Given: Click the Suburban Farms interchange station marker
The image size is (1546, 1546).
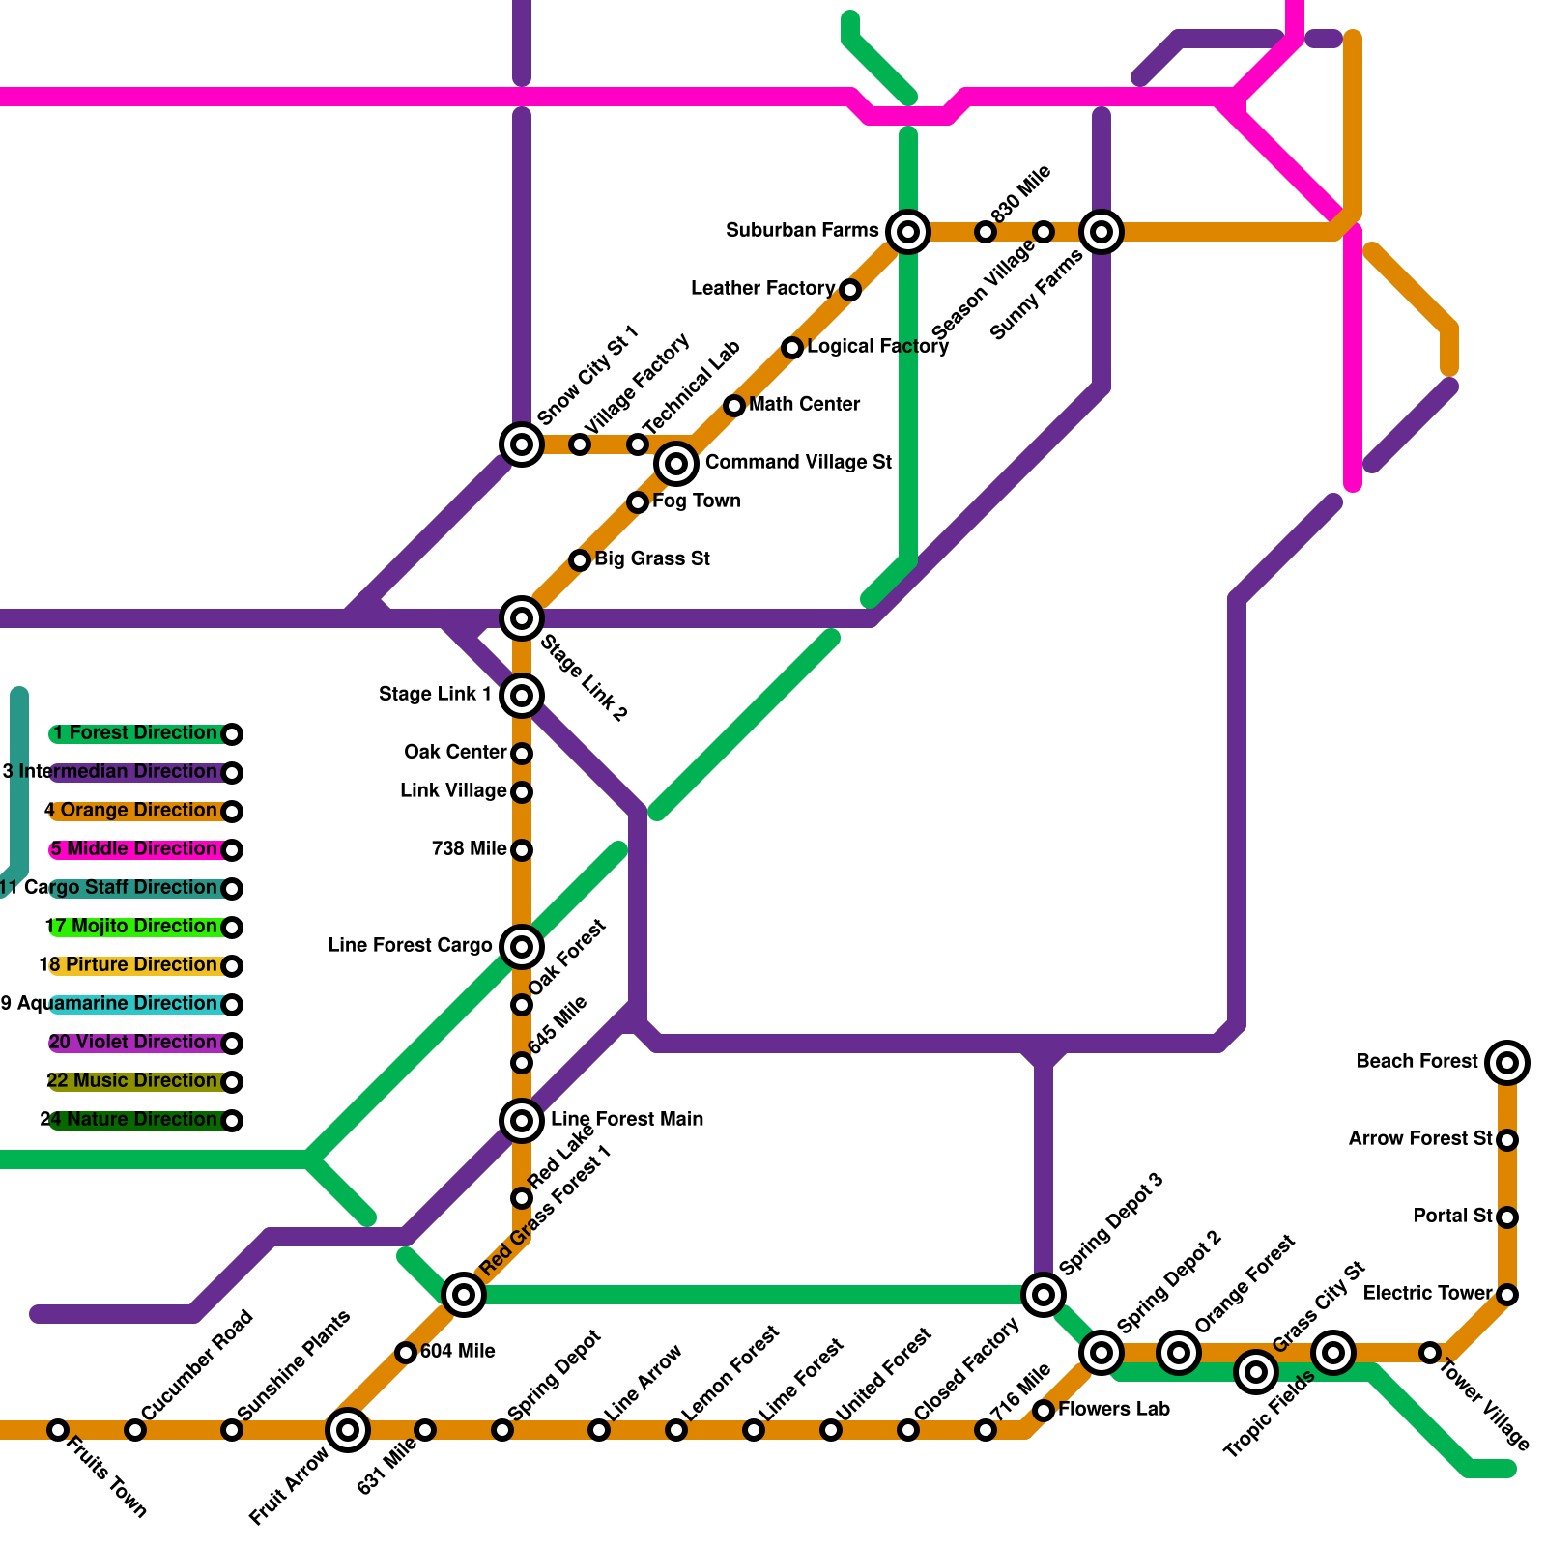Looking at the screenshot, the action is tap(908, 232).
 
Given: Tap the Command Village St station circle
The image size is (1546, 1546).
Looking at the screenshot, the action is tap(676, 464).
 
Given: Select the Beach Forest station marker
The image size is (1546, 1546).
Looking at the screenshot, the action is tap(1507, 1063).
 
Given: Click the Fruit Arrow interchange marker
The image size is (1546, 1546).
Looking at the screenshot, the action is tap(348, 1430).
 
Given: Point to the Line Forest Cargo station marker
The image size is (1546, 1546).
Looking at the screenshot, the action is tap(522, 947).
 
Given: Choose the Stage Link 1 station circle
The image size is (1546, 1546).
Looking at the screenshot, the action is tap(522, 696).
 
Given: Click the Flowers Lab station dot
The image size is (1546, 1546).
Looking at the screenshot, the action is tap(1044, 1411).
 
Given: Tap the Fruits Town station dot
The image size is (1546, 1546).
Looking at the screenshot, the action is tap(58, 1430).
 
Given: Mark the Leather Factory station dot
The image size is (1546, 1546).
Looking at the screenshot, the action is tap(850, 290).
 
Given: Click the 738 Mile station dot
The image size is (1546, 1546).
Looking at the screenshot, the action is tap(522, 850).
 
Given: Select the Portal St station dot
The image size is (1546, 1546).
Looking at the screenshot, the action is tap(1507, 1217).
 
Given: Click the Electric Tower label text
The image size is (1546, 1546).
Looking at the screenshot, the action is tap(1427, 1294).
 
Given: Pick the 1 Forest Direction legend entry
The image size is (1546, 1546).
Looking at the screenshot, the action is tap(135, 733).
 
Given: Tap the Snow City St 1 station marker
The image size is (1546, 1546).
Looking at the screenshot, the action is tap(522, 444).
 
